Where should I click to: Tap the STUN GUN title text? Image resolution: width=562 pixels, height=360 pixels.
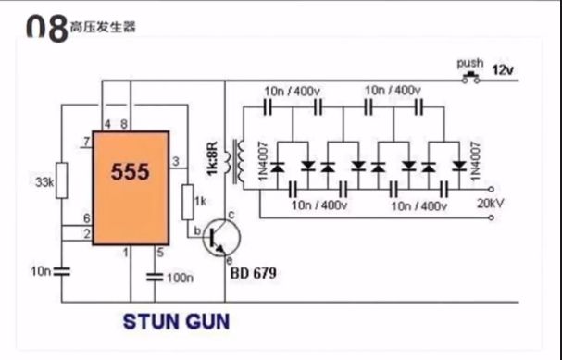176,323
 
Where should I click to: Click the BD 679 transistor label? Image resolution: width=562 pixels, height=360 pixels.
251,274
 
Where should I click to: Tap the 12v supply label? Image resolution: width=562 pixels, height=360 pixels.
502,70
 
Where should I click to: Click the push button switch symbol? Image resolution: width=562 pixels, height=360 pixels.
470,77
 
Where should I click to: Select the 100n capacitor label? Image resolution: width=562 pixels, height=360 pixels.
180,277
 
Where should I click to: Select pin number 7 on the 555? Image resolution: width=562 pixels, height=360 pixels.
85,142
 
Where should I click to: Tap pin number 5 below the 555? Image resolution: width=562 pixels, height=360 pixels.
159,251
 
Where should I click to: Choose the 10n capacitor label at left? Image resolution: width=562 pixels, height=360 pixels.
39,270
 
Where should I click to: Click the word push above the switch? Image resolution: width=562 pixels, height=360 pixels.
470,63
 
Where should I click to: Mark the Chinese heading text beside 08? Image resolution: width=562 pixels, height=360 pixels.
102,28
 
